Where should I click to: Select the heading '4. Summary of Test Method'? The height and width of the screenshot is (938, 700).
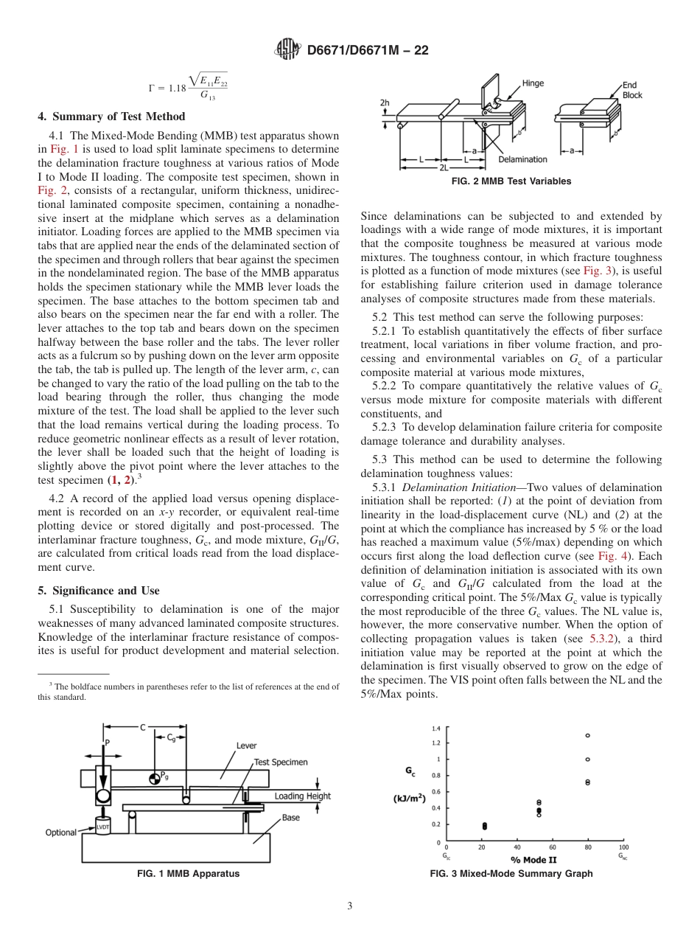pyautogui.click(x=111, y=117)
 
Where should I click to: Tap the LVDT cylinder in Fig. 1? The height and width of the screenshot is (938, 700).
pyautogui.click(x=102, y=826)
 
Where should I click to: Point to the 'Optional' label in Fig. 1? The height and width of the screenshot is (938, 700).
pyautogui.click(x=61, y=833)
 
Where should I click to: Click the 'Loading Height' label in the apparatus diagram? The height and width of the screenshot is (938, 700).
pyautogui.click(x=303, y=796)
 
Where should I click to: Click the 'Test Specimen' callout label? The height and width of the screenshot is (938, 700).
pyautogui.click(x=280, y=762)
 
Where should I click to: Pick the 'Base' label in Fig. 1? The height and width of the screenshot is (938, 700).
pyautogui.click(x=290, y=818)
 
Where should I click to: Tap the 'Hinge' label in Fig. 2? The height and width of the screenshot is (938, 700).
pyautogui.click(x=533, y=83)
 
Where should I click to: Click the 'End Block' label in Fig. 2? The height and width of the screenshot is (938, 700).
pyautogui.click(x=632, y=90)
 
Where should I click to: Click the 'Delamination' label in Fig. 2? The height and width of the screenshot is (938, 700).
pyautogui.click(x=522, y=159)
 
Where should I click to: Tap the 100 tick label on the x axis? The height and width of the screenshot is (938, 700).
pyautogui.click(x=623, y=848)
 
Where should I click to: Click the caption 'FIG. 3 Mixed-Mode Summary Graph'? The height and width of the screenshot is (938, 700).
pyautogui.click(x=511, y=874)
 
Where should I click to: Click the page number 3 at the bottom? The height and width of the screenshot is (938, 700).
pyautogui.click(x=350, y=906)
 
